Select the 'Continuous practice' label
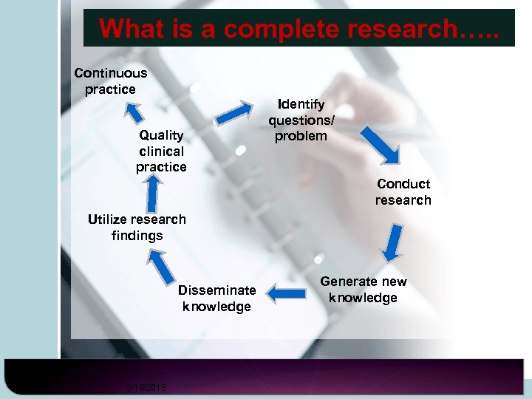(x=110, y=81)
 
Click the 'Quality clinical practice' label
(x=161, y=151)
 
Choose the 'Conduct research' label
(x=403, y=192)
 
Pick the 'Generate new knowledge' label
(x=363, y=290)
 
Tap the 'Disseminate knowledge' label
(x=216, y=298)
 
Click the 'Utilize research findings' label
(x=137, y=228)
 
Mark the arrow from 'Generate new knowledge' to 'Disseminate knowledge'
(x=286, y=293)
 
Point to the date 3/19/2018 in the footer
(x=146, y=388)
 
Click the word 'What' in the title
(x=132, y=29)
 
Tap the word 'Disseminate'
(x=216, y=290)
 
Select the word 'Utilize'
(x=109, y=219)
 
